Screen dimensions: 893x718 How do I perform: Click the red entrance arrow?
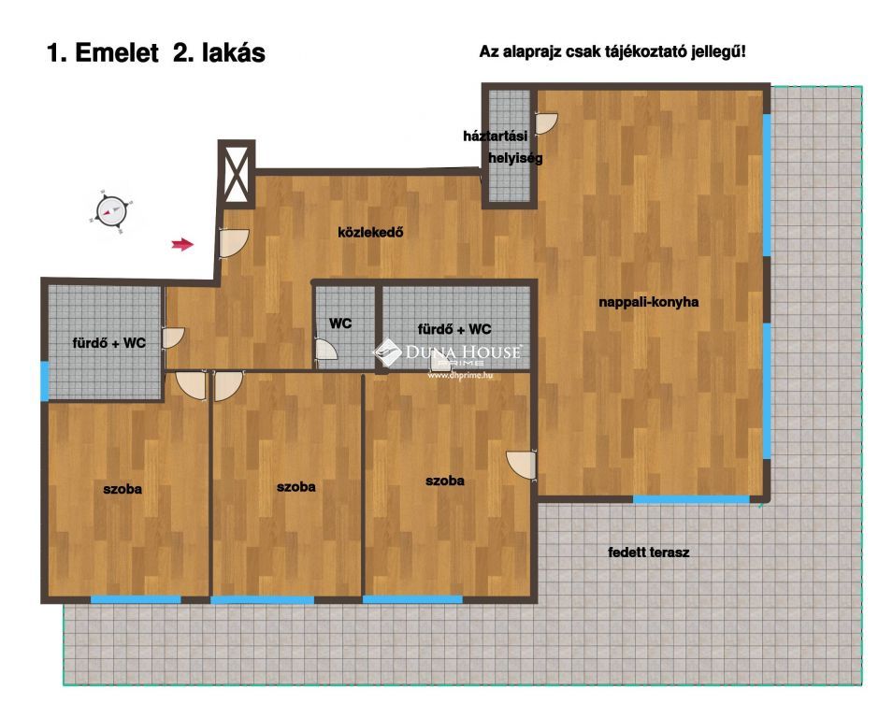pos(183,245)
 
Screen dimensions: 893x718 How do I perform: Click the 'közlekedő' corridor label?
pos(370,232)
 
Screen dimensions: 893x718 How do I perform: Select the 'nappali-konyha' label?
pos(649,302)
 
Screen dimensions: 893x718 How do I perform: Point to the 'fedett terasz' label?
pos(649,552)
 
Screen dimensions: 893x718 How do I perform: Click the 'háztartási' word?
pos(495,136)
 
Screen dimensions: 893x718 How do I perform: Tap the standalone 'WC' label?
pos(340,323)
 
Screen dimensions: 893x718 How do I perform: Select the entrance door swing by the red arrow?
pos(234,242)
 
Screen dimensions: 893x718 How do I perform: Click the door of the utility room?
pos(546,123)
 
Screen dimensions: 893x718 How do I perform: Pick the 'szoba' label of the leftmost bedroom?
pos(122,489)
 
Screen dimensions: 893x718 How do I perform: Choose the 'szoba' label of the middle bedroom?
pos(296,487)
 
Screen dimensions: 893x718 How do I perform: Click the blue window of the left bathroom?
pos(45,381)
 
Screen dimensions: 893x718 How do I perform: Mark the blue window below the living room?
pos(691,499)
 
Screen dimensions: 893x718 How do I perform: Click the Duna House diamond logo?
pos(387,352)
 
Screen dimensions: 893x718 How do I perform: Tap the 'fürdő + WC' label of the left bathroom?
pos(109,343)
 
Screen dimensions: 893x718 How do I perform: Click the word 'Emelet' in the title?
pos(116,53)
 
